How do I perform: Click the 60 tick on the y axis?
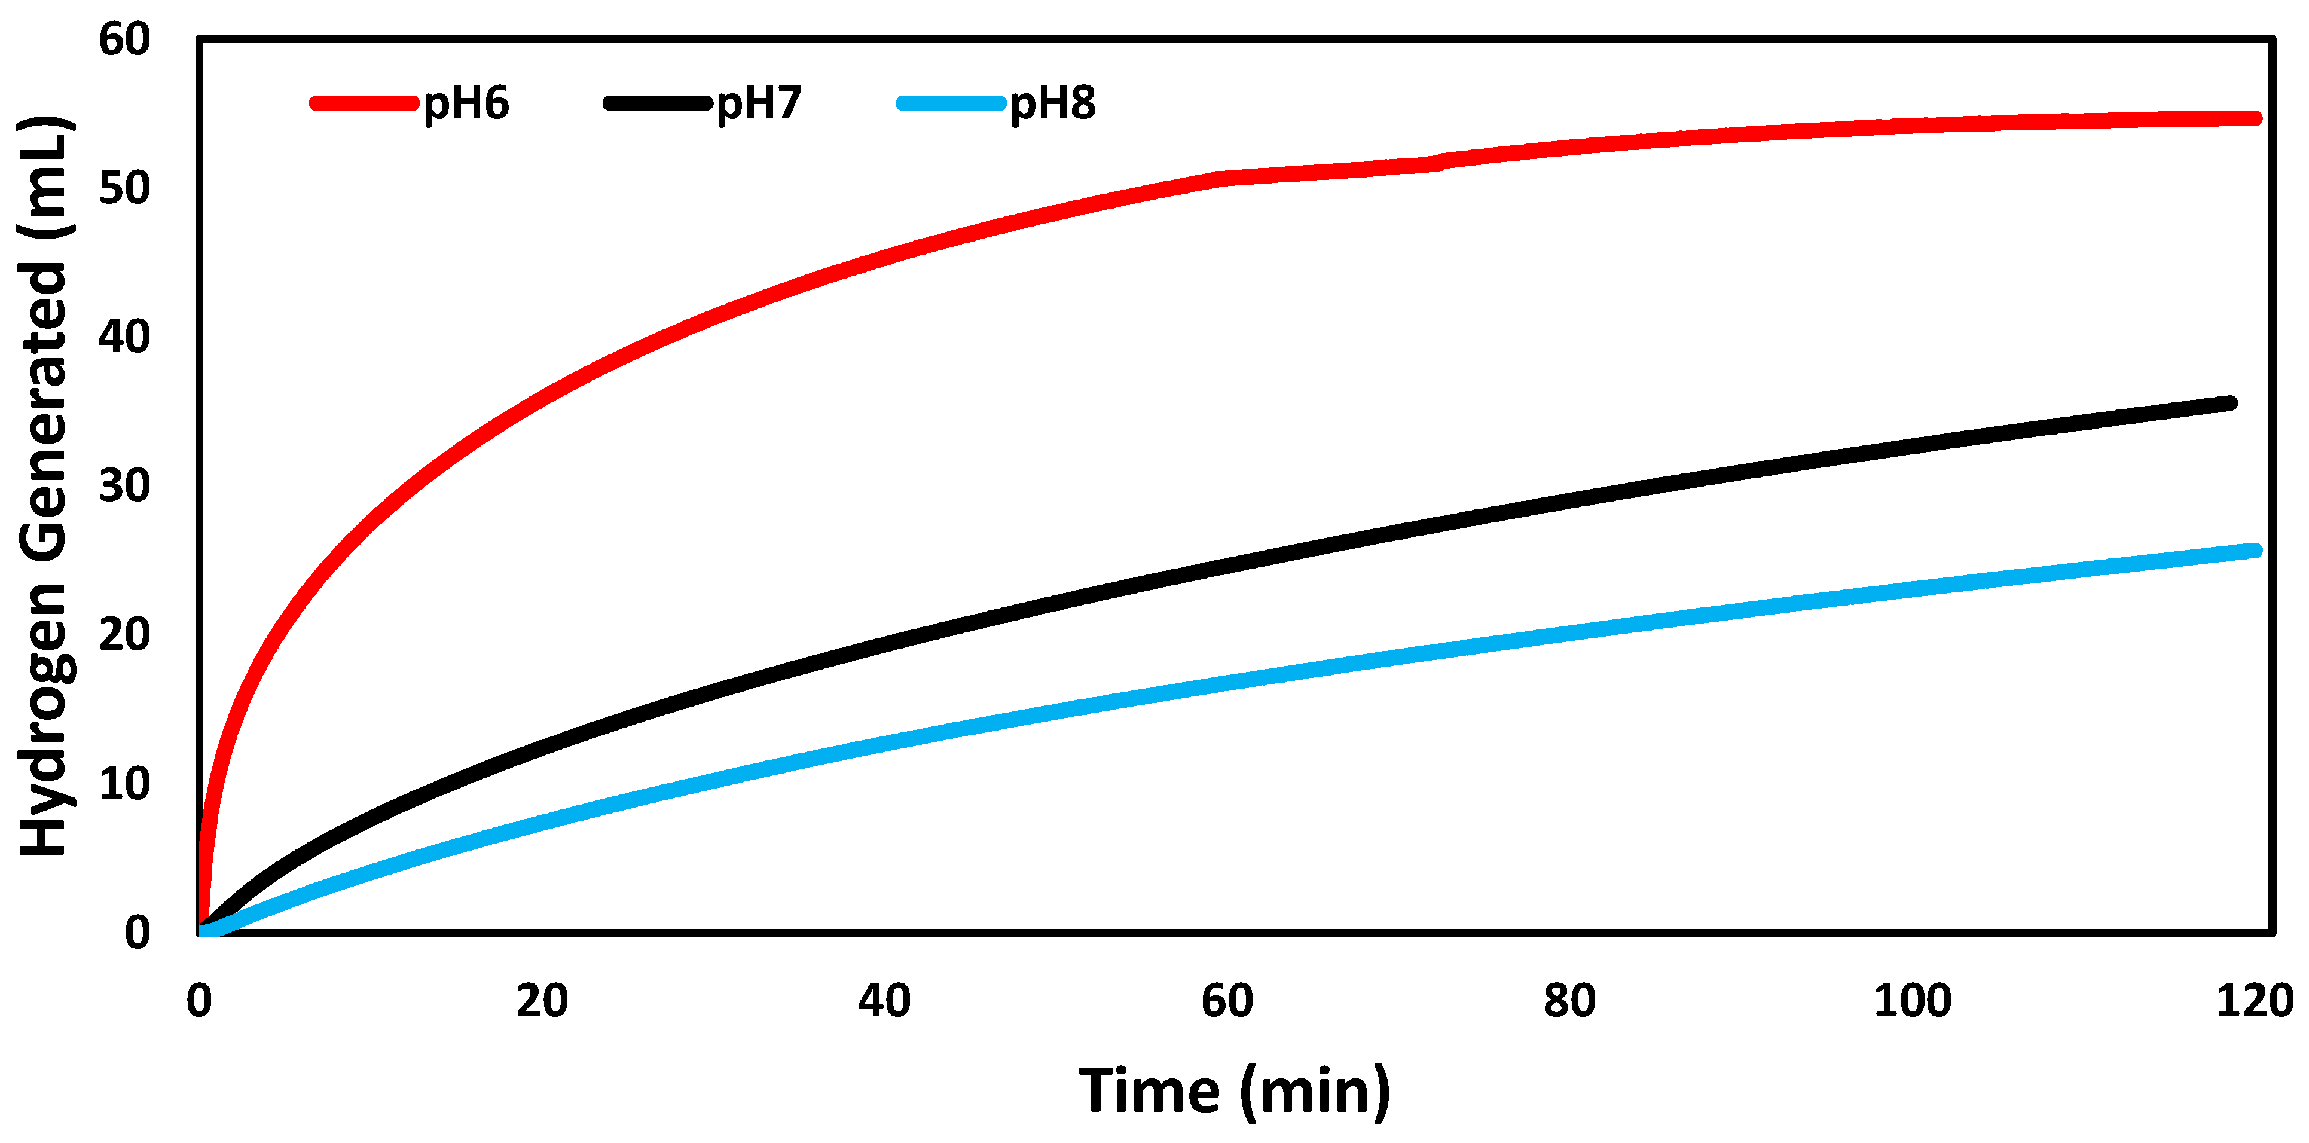(124, 39)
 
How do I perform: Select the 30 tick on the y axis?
(124, 486)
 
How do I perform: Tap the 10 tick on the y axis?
(124, 784)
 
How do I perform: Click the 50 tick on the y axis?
(124, 188)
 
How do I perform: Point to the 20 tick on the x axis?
(542, 1001)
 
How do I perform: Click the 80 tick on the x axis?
(1569, 1001)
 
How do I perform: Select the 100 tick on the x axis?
(1912, 1001)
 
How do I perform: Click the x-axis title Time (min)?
(1234, 1091)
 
